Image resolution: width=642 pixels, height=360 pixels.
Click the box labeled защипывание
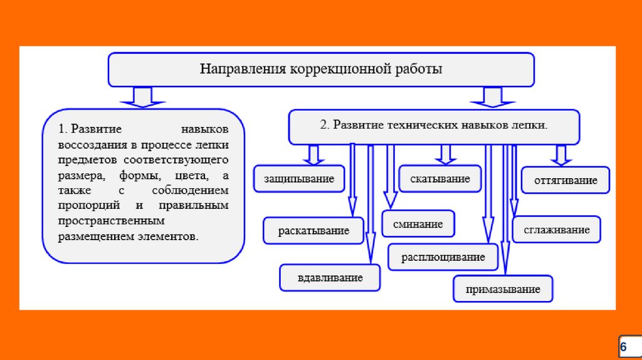tap(299, 179)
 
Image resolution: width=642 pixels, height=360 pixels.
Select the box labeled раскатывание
tap(314, 231)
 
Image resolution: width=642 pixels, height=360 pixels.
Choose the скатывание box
tap(440, 179)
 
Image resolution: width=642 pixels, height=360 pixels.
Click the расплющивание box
tap(443, 257)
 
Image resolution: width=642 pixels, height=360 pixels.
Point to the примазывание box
tap(503, 289)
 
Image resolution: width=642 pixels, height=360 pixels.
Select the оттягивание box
tap(566, 181)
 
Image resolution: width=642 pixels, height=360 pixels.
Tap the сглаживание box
tap(557, 230)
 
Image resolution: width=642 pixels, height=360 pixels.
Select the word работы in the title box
tap(419, 69)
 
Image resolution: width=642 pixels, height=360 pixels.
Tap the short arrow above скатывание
tap(446, 154)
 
